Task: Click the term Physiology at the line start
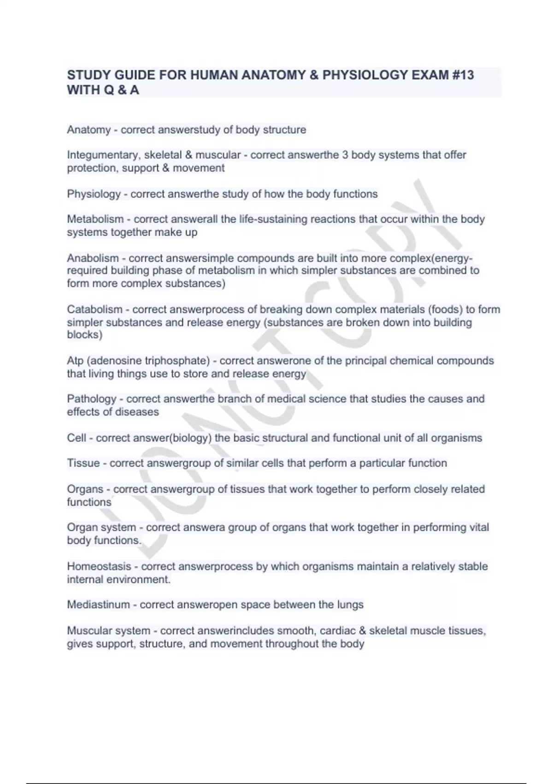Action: pyautogui.click(x=94, y=194)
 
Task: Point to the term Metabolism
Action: pyautogui.click(x=95, y=219)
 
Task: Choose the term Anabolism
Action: pyautogui.click(x=93, y=258)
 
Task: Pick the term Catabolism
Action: pyautogui.click(x=94, y=309)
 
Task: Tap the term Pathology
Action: pyautogui.click(x=92, y=399)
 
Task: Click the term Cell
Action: pyautogui.click(x=76, y=438)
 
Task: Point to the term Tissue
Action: pyautogui.click(x=83, y=463)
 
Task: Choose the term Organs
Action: pyautogui.click(x=85, y=489)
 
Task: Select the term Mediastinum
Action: pyautogui.click(x=98, y=605)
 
